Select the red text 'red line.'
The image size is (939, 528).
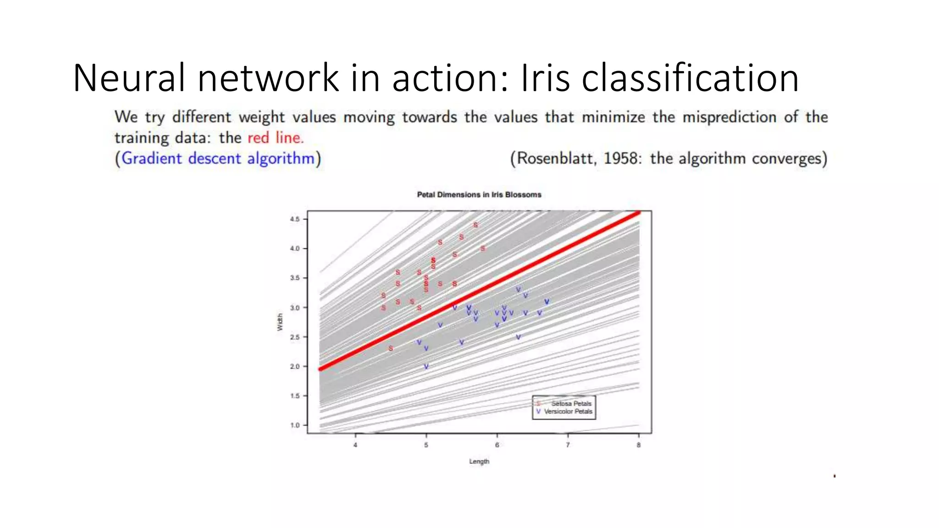point(276,137)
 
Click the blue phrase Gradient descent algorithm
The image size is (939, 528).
point(218,158)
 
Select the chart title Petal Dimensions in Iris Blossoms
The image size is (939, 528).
point(479,195)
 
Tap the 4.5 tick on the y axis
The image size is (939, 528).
point(294,219)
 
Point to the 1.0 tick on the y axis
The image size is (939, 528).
point(294,425)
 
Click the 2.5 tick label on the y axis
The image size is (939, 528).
point(294,337)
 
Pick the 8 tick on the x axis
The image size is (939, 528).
point(638,445)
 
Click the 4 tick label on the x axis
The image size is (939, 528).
point(355,445)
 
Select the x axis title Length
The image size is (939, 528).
point(479,461)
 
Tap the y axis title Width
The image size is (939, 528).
point(280,322)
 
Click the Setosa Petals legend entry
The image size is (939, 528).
point(571,403)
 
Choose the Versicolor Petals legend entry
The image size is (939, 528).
point(568,412)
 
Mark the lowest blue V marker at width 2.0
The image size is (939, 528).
point(426,366)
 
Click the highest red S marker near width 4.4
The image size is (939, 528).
point(475,225)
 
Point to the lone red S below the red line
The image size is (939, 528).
point(391,348)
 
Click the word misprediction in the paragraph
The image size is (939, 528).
point(729,117)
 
